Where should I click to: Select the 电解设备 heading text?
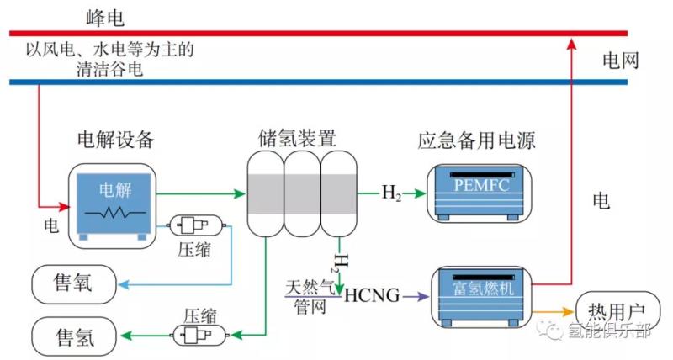(115, 139)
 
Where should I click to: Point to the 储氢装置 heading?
(298, 137)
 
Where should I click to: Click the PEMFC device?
(478, 193)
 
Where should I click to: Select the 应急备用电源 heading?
(476, 139)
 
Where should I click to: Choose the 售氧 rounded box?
(74, 286)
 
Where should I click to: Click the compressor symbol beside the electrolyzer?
(198, 225)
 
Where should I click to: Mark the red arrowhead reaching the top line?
(572, 41)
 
